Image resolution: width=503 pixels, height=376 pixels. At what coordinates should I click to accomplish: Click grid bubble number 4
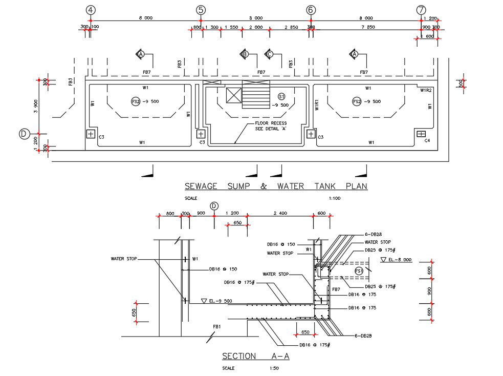[x=91, y=10]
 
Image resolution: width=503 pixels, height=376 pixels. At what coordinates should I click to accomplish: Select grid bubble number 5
[x=201, y=10]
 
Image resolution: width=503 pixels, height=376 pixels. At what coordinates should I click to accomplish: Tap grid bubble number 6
[x=311, y=10]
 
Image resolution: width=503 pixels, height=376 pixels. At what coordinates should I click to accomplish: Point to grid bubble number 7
[x=421, y=10]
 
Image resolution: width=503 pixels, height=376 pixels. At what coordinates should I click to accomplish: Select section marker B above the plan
[x=245, y=54]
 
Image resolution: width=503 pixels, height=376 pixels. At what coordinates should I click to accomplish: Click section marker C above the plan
[x=269, y=54]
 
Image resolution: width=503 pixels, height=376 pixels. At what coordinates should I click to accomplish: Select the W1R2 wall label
[x=426, y=90]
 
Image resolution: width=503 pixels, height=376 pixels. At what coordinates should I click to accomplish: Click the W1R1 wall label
[x=317, y=105]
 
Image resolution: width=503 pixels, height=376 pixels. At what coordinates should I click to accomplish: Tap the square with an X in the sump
[x=233, y=95]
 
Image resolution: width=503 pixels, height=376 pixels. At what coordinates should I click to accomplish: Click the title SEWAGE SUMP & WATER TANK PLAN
[x=276, y=186]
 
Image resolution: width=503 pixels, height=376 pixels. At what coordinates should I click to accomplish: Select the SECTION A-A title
[x=255, y=356]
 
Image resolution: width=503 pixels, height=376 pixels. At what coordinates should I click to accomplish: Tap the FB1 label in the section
[x=217, y=326]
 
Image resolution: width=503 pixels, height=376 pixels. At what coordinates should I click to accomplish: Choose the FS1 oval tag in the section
[x=359, y=270]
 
